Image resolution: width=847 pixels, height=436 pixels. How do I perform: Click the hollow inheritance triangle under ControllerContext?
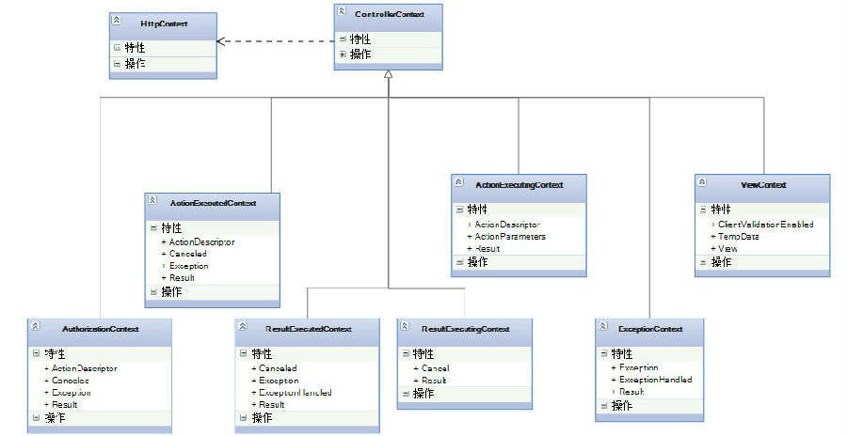pyautogui.click(x=389, y=75)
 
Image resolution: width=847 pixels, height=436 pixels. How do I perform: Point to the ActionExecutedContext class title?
pyautogui.click(x=213, y=202)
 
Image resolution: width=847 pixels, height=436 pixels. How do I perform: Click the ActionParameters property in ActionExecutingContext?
pyautogui.click(x=510, y=237)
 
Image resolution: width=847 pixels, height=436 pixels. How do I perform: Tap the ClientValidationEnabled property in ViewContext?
pyautogui.click(x=765, y=225)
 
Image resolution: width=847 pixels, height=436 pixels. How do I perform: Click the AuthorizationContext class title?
pyautogui.click(x=100, y=330)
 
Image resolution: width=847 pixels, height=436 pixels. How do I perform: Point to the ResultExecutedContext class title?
pyautogui.click(x=308, y=330)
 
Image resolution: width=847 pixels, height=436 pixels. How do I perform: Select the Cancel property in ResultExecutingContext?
pyautogui.click(x=435, y=368)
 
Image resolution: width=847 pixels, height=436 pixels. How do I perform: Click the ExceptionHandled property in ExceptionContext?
pyautogui.click(x=655, y=380)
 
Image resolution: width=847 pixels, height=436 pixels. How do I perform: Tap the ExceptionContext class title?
pyautogui.click(x=650, y=329)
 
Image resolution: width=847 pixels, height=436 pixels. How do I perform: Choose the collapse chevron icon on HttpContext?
pyautogui.click(x=116, y=20)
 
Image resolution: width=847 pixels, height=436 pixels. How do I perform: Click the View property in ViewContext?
pyautogui.click(x=728, y=249)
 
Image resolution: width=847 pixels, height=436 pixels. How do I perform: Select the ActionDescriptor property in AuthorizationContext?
pyautogui.click(x=84, y=368)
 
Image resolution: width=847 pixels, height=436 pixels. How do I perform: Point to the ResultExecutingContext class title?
pyautogui.click(x=466, y=329)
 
